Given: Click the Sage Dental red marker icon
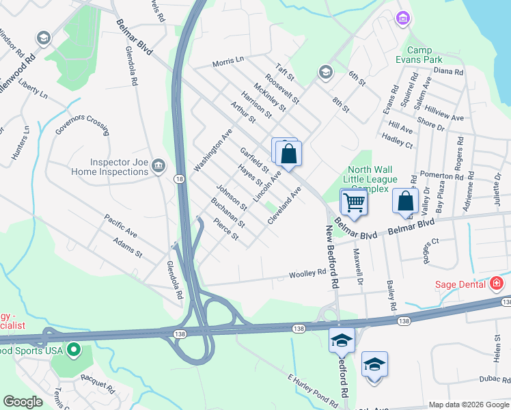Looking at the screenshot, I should coord(497,284).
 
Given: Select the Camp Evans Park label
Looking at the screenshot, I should coord(434,55).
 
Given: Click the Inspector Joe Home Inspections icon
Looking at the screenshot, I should coord(158,165).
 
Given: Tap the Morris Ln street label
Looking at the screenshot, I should coord(227,61).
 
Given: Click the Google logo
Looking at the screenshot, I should coord(23,402).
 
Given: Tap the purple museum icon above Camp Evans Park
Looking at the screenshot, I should coord(403,17).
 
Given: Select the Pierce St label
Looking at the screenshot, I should coord(225,229).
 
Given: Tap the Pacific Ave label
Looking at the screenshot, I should coord(120,226).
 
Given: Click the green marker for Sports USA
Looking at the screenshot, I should coord(74,351).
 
